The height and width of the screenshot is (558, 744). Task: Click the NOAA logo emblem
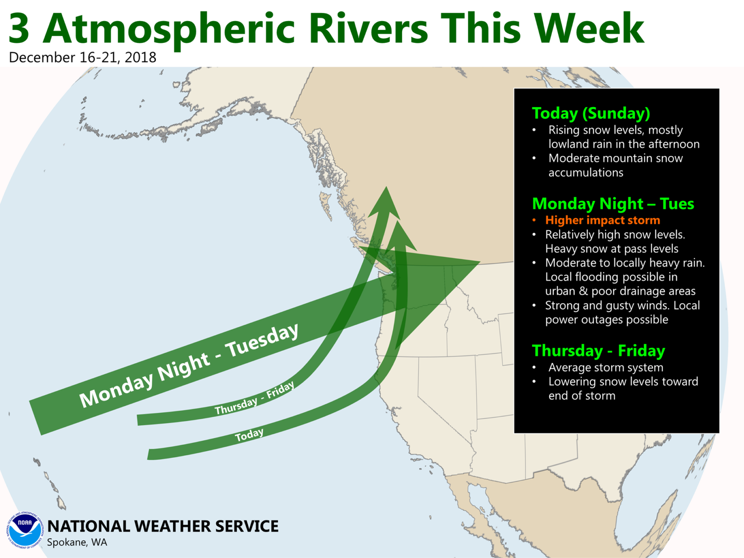[25, 530]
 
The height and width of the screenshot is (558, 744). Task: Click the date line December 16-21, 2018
[82, 57]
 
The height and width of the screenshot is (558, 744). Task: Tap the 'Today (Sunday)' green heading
[591, 113]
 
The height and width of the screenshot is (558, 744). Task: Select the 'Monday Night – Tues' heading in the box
[613, 204]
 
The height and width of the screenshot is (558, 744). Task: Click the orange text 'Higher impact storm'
[602, 220]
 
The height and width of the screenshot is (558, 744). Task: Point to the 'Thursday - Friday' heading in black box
[598, 351]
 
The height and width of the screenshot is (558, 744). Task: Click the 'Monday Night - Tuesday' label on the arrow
[189, 365]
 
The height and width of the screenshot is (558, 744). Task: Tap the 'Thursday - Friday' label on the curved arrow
[254, 398]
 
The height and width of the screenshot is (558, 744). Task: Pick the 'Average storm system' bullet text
[606, 367]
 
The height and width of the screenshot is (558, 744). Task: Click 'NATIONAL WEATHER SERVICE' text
[162, 526]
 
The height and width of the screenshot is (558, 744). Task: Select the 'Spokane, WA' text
[77, 542]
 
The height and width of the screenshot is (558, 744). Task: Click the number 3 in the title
[19, 28]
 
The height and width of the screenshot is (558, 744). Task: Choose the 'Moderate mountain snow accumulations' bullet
[615, 165]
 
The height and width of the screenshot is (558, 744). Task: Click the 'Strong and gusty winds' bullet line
[622, 312]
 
